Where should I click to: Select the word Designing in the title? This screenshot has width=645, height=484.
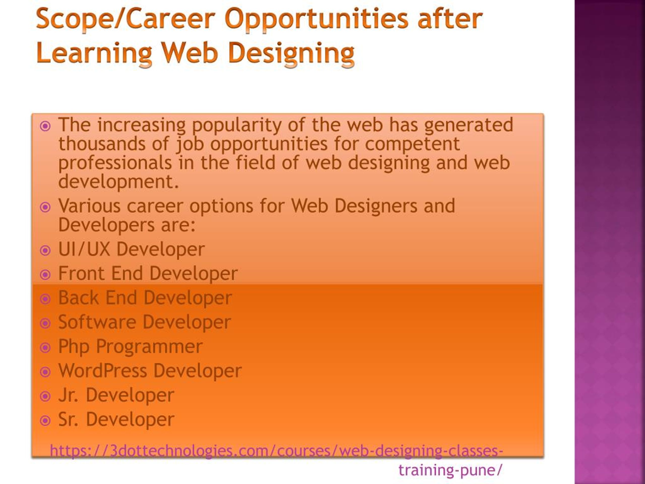[292, 53]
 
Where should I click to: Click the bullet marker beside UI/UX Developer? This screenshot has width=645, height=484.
[45, 250]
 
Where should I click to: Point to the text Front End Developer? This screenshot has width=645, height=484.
[148, 274]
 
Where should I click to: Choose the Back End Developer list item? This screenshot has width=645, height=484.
[145, 298]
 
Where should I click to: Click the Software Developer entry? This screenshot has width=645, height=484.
[145, 322]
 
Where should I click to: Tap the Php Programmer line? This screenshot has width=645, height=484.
[130, 347]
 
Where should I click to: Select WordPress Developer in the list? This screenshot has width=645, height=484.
[150, 371]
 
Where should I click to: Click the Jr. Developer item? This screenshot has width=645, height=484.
[116, 395]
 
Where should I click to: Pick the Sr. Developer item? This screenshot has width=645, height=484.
[116, 419]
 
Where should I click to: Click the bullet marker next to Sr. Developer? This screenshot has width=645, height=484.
[45, 421]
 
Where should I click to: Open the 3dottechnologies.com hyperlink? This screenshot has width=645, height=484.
[276, 451]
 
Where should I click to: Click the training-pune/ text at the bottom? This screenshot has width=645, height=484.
[450, 470]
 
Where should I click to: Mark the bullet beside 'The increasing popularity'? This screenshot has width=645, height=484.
[45, 126]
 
